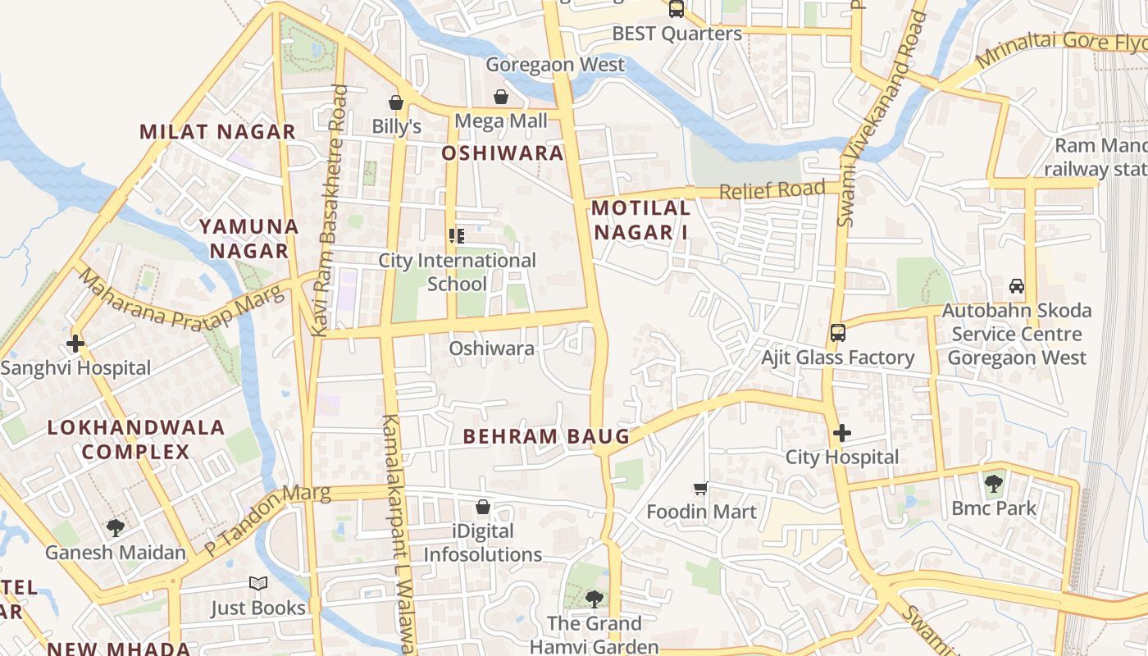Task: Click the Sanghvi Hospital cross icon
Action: click(x=75, y=343)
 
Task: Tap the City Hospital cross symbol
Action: click(x=842, y=433)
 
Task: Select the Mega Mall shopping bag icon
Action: click(x=500, y=98)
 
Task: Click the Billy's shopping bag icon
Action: click(x=396, y=102)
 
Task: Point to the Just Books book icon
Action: click(x=258, y=584)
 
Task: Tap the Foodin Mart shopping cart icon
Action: click(x=700, y=489)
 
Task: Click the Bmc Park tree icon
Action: click(x=993, y=484)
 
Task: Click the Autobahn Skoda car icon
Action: click(x=1017, y=286)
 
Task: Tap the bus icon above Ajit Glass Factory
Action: click(x=837, y=333)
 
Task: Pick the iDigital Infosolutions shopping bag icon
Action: click(x=483, y=507)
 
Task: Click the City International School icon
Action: click(x=457, y=237)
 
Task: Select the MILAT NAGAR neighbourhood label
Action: click(x=217, y=131)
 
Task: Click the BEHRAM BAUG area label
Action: click(x=546, y=436)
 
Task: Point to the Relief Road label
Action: click(x=772, y=190)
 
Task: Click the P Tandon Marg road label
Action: click(x=266, y=518)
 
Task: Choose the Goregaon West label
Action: click(x=555, y=64)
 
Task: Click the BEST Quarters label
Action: click(x=676, y=34)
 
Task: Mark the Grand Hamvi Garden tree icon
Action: click(x=594, y=599)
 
